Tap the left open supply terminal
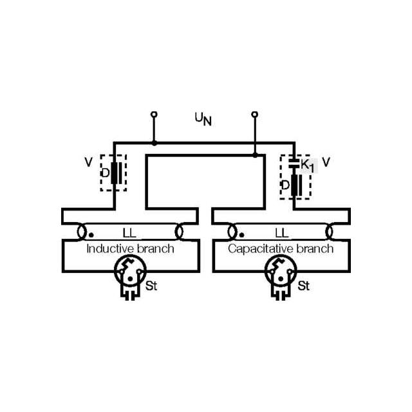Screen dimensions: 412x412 [153, 115]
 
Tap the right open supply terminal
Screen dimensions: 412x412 [255, 115]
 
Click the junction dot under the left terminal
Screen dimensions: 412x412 [153, 143]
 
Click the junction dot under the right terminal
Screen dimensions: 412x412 [255, 154]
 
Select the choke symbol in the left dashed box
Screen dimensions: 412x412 [116, 173]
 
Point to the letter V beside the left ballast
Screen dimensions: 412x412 [88, 162]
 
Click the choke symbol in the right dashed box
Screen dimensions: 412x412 [295, 185]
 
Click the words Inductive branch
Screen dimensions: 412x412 [130, 248]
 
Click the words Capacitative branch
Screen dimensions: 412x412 [281, 248]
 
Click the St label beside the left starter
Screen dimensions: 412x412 [152, 285]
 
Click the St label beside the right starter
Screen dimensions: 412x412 [303, 285]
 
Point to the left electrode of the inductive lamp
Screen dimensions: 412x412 [82, 230]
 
